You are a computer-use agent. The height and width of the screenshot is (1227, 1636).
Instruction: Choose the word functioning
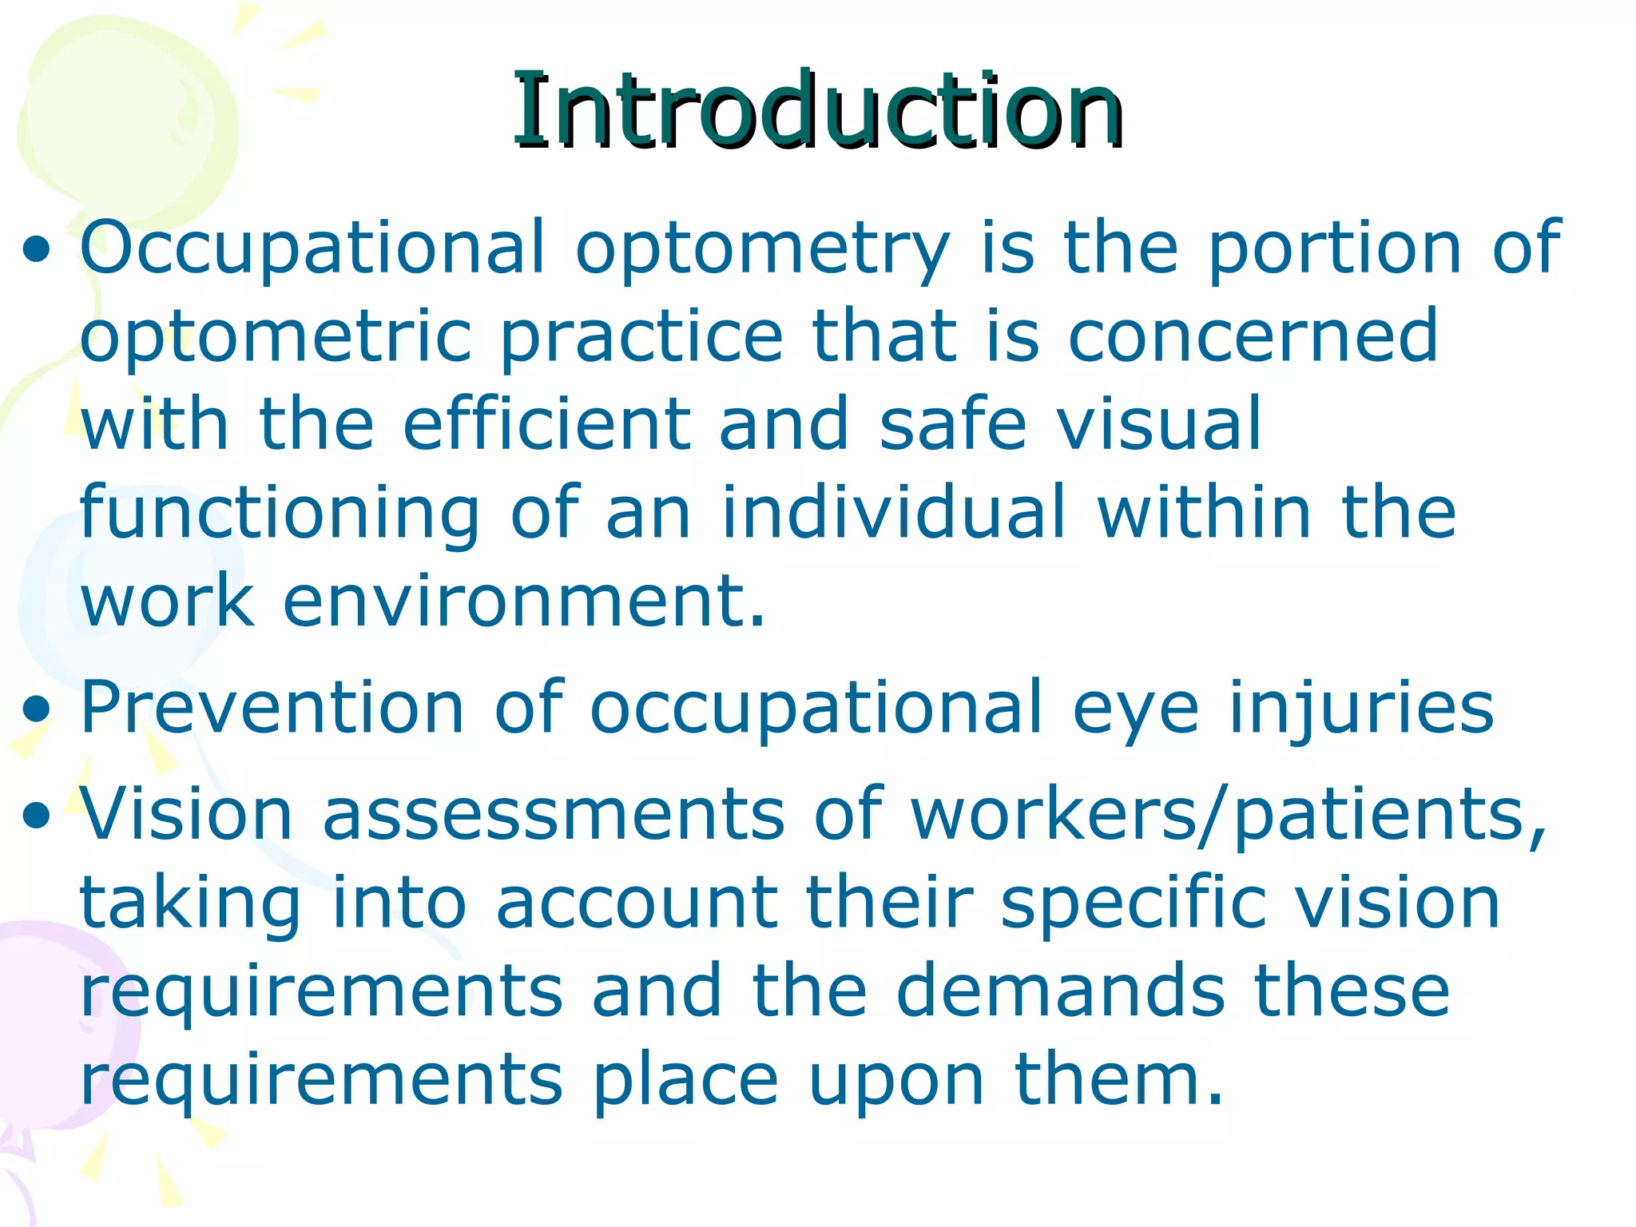point(280,514)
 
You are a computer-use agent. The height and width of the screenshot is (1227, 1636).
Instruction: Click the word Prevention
point(272,707)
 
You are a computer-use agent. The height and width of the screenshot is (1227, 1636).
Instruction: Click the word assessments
point(554,815)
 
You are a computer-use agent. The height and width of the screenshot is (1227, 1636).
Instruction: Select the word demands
point(1060,991)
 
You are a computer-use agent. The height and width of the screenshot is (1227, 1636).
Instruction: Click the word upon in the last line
point(896,1082)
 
